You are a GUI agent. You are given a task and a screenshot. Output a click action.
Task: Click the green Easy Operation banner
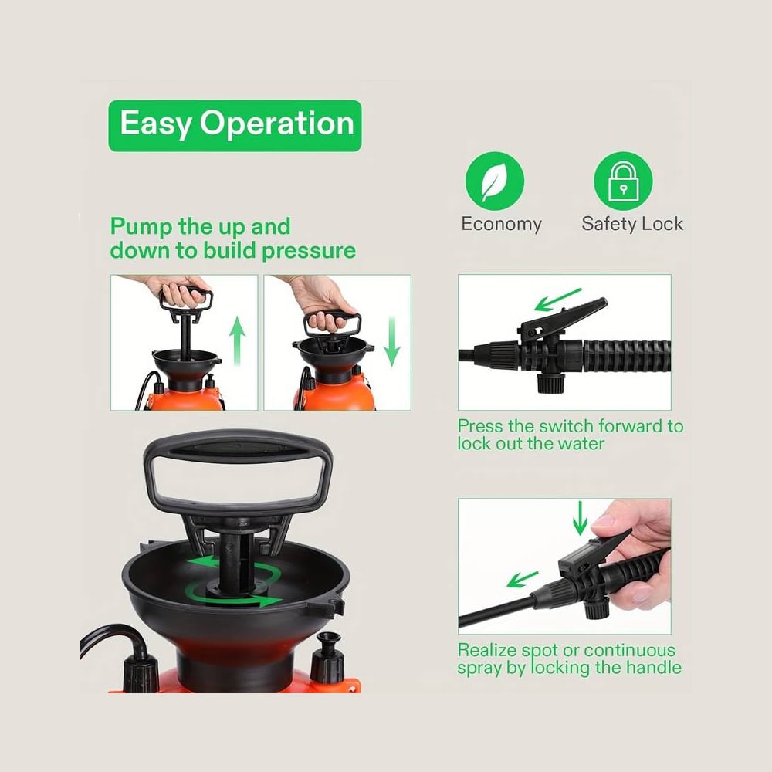pyautogui.click(x=235, y=126)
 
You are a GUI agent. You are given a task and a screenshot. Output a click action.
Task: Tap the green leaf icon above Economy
pyautogui.click(x=494, y=181)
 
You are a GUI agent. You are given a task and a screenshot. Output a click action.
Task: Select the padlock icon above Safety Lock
pyautogui.click(x=623, y=181)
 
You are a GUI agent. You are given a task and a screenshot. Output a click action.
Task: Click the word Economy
pyautogui.click(x=501, y=224)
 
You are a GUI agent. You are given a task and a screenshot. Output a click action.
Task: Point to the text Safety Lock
pyautogui.click(x=632, y=224)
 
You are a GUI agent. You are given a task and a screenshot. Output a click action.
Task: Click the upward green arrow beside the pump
pyautogui.click(x=237, y=341)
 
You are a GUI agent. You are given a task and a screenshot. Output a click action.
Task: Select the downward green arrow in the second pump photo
pyautogui.click(x=392, y=341)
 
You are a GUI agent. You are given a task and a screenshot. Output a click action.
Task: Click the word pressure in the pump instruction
pyautogui.click(x=309, y=251)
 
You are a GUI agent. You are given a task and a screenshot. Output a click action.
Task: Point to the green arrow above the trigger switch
pyautogui.click(x=558, y=300)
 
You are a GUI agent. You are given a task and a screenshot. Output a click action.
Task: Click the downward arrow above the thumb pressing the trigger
pyautogui.click(x=580, y=518)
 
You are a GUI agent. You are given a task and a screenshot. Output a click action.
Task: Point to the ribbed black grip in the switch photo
pyautogui.click(x=626, y=356)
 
